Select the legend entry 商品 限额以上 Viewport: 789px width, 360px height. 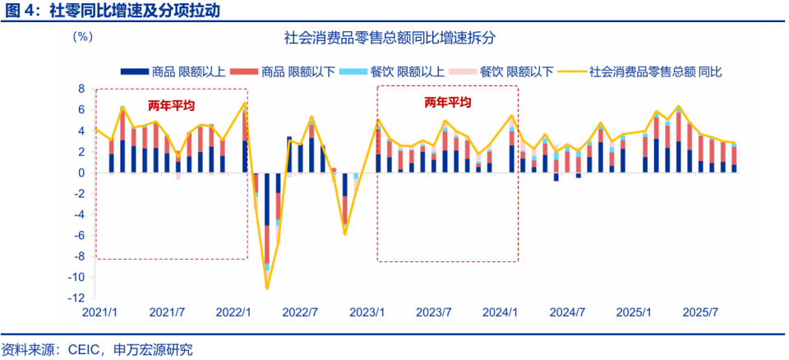pos(173,72)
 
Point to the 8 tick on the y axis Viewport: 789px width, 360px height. pos(82,89)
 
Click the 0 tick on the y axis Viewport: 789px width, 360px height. pos(82,173)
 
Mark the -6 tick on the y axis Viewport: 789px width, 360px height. pos(80,236)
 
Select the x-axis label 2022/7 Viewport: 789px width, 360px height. pos(300,313)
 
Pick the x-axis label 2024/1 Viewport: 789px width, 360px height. pos(501,313)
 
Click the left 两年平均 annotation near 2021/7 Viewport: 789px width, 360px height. pos(171,106)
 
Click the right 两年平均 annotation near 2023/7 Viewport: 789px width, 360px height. pos(447,103)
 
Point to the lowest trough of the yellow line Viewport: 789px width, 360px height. pos(267,288)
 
